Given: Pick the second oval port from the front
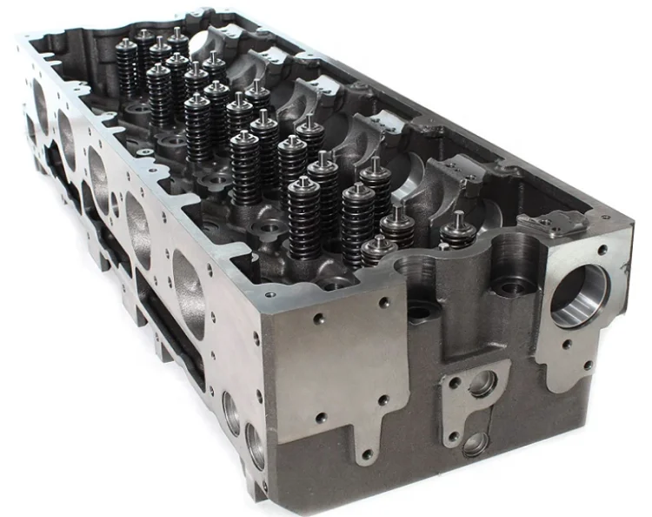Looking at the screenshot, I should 138,229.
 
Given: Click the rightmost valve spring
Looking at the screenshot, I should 458,232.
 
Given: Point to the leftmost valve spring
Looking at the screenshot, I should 127,68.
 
